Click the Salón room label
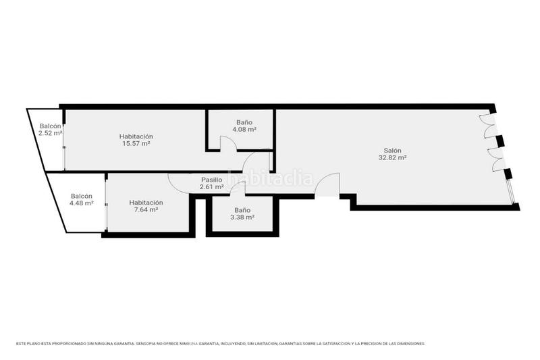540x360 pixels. click(x=392, y=151)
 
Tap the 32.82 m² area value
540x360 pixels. click(x=392, y=158)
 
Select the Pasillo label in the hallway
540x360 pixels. click(x=211, y=180)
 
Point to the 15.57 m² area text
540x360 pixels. click(x=136, y=143)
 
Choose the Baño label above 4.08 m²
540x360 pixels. click(x=244, y=122)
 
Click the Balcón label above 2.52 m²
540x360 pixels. click(x=51, y=126)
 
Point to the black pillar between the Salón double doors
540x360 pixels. click(x=499, y=141)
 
